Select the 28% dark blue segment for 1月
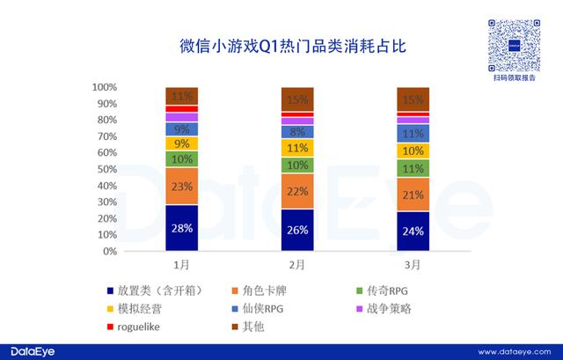[182, 228]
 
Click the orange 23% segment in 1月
[182, 186]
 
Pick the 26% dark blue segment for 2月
[297, 230]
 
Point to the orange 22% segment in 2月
[297, 191]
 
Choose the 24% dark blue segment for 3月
[413, 231]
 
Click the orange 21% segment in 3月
[413, 195]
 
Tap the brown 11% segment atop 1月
[182, 96]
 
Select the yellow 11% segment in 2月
[297, 148]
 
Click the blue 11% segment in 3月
[413, 134]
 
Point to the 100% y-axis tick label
[105, 87]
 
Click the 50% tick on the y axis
[107, 169]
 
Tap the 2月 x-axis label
[297, 264]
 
